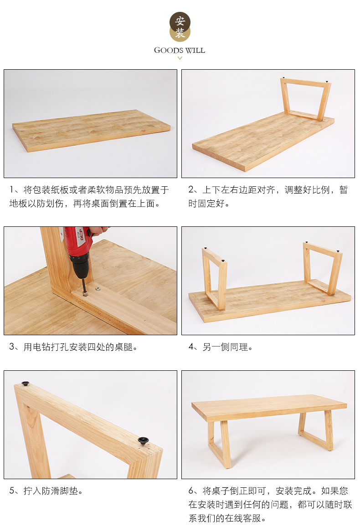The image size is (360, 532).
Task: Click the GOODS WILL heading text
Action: [180, 50]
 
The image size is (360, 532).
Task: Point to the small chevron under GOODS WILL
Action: [180, 58]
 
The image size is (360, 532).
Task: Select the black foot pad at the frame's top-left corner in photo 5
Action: [26, 384]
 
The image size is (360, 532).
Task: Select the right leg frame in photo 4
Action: [322, 267]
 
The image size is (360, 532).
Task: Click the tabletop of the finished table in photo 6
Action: [269, 408]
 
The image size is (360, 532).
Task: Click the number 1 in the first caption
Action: [12, 189]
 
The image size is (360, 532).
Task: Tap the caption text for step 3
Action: [73, 347]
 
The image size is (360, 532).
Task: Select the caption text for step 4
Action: [221, 347]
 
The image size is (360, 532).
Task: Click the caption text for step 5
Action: [46, 491]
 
